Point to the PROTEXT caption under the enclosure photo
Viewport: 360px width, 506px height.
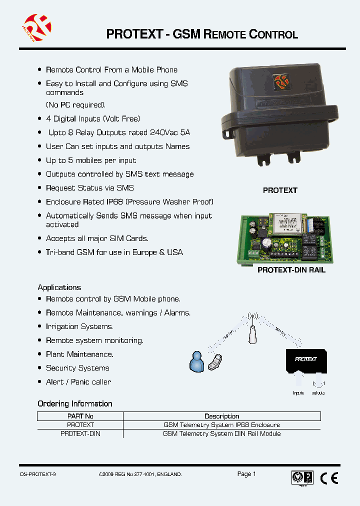[280, 190]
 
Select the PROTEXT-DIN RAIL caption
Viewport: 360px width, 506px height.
[291, 270]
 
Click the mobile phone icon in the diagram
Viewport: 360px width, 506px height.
[216, 362]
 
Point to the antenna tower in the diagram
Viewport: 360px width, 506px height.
[253, 330]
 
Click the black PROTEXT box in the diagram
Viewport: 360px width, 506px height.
[305, 360]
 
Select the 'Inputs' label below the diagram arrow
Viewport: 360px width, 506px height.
[298, 393]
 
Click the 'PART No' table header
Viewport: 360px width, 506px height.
[80, 416]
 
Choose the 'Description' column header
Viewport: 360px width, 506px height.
[222, 416]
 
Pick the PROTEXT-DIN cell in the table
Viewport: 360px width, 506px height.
[80, 433]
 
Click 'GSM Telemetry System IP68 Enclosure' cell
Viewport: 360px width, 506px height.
[222, 425]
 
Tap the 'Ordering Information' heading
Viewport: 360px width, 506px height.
[75, 403]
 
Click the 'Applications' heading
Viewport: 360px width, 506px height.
[59, 287]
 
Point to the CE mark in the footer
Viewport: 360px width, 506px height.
[328, 478]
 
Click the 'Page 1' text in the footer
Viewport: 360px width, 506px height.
[246, 474]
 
